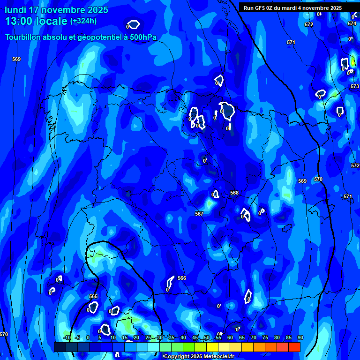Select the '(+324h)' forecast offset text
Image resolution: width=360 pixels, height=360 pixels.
click(83, 21)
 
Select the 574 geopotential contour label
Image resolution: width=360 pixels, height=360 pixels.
click(352, 23)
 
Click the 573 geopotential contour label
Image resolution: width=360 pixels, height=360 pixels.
click(355, 87)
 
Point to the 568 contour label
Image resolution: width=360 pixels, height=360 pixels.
click(234, 193)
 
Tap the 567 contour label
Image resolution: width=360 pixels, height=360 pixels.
click(199, 214)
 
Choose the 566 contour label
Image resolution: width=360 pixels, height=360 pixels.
click(182, 278)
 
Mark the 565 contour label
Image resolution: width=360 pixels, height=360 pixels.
click(93, 296)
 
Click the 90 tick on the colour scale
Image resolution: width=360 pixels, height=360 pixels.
click(300, 337)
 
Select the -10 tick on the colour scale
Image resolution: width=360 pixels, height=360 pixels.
click(67, 337)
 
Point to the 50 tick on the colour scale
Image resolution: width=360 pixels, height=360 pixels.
click(207, 337)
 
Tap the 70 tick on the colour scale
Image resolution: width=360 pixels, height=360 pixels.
click(254, 337)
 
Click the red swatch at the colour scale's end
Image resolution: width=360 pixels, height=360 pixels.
click(294, 347)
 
